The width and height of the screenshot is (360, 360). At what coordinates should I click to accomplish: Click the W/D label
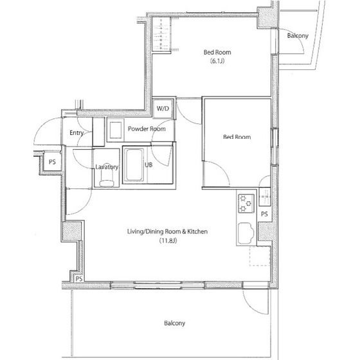pos(163,109)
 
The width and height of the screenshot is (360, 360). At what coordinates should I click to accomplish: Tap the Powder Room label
pos(147,129)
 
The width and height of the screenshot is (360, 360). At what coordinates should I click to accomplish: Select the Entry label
pos(76,133)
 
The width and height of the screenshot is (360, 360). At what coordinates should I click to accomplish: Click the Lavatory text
pos(107,167)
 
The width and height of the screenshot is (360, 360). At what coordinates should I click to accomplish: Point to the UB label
pos(148,165)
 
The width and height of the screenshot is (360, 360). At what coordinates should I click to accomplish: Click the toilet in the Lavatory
pos(107,179)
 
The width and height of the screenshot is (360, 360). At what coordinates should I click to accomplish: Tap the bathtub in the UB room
pos(134,165)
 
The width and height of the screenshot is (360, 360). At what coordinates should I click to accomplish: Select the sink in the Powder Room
pos(116,130)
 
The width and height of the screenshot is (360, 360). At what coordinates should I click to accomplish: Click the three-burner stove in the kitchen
pos(246,203)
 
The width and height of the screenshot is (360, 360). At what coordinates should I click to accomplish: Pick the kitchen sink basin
pos(246,233)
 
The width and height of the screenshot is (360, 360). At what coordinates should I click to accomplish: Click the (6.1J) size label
pos(217,61)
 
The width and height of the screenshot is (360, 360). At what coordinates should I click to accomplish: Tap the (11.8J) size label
pos(168,241)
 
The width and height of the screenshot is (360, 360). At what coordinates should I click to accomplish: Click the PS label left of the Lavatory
pos(52,162)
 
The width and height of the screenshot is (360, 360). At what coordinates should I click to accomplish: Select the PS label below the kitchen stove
pos(264,214)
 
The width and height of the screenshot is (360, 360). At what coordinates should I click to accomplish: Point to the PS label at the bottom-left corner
pos(79,279)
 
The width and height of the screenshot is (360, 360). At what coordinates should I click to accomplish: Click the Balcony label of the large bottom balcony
pos(174,323)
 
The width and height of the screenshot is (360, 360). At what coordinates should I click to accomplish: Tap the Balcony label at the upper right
pos(298,36)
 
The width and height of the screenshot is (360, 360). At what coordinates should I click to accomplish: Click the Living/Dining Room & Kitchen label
pos(167,231)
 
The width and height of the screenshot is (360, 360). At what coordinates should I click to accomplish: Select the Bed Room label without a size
pos(237,137)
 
